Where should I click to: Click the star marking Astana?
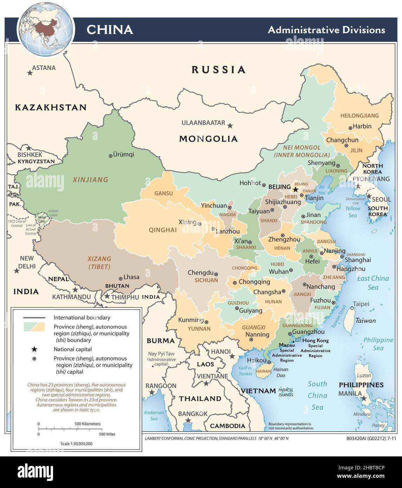30,73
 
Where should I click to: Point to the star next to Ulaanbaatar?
230,125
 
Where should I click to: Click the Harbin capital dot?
350,128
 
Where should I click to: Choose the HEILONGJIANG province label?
359,116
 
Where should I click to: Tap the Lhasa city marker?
121,278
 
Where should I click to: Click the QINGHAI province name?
163,230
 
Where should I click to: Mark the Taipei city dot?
351,309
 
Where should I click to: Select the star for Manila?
364,398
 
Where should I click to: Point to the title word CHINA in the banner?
110,30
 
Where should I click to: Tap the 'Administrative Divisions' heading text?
326,30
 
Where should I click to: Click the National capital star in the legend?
34,349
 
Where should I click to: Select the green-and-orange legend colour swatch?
34,327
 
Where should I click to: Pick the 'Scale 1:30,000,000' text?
76,443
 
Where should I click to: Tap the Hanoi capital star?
232,356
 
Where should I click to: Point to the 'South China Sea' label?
317,396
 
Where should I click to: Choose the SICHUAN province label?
206,280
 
